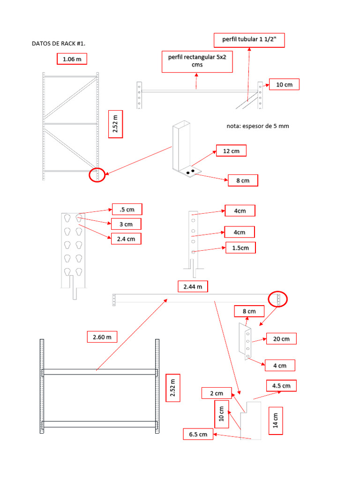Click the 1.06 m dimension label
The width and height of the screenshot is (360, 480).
coord(72,59)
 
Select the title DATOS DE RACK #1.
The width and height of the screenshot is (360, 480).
coord(59,44)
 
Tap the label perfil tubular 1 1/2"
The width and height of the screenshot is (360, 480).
coord(249,40)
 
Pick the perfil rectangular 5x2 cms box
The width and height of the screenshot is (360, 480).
coord(197,61)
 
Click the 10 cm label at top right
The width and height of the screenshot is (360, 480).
coord(284,84)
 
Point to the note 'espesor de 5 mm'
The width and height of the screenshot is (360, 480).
coord(255,126)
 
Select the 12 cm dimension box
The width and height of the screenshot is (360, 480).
coord(231,151)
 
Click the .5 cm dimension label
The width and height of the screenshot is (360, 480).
coord(127,209)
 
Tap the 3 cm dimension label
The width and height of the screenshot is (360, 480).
coord(126,224)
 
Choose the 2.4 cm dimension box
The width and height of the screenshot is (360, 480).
coord(126,239)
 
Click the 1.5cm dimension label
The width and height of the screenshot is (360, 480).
coord(240,247)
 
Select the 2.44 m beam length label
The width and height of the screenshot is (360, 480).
coord(193,286)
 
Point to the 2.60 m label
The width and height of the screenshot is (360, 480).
coord(102,337)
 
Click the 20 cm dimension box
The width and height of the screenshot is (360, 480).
coord(281,338)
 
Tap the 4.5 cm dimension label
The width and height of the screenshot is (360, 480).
coord(281,386)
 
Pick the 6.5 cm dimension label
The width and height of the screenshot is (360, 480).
coord(198,434)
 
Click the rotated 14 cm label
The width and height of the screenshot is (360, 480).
coord(276,420)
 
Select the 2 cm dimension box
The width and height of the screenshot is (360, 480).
coord(216,393)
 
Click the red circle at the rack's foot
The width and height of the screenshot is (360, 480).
coord(97,175)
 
